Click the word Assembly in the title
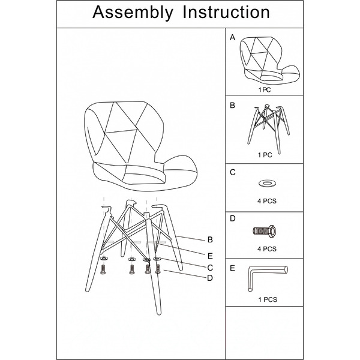[x=133, y=13]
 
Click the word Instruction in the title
[x=226, y=12]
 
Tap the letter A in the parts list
[x=233, y=37]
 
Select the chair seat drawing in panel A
[x=269, y=61]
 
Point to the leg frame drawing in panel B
[x=268, y=129]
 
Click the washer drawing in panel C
[x=267, y=183]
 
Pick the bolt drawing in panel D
[x=264, y=231]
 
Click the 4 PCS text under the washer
[x=267, y=201]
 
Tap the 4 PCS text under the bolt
[x=267, y=249]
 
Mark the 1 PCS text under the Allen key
[x=268, y=299]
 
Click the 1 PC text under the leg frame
[x=265, y=155]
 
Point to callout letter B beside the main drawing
[x=210, y=239]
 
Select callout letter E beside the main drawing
[x=210, y=256]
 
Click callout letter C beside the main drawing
[x=210, y=268]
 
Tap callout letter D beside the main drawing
[x=210, y=278]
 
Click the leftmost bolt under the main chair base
[x=103, y=269]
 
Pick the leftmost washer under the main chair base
[x=104, y=259]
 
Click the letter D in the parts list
[x=233, y=218]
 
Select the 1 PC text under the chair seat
[x=265, y=90]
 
